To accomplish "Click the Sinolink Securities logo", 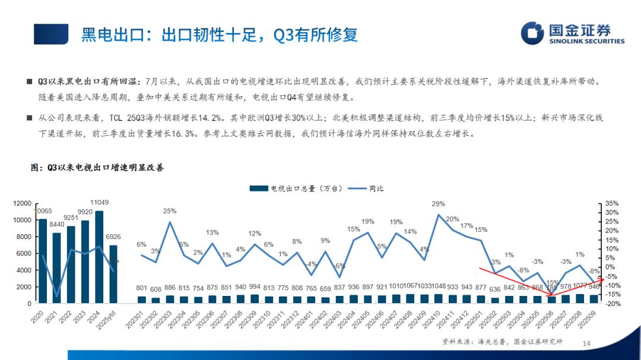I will (x=572, y=33).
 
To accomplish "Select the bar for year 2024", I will (x=99, y=257).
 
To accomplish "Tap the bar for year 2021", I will (x=56, y=267).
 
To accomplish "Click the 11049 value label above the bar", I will (x=99, y=203).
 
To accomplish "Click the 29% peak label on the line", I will (x=439, y=204).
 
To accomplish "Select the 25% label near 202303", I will (x=170, y=211).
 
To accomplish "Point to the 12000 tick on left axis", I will (x=22, y=203).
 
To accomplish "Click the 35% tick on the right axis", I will (x=612, y=203).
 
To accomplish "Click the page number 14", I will (x=587, y=343).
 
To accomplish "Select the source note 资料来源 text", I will (x=502, y=342).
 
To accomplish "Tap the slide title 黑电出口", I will (x=219, y=34).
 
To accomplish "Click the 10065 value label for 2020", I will (x=44, y=211).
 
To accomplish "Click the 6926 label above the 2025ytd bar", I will (x=113, y=237).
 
